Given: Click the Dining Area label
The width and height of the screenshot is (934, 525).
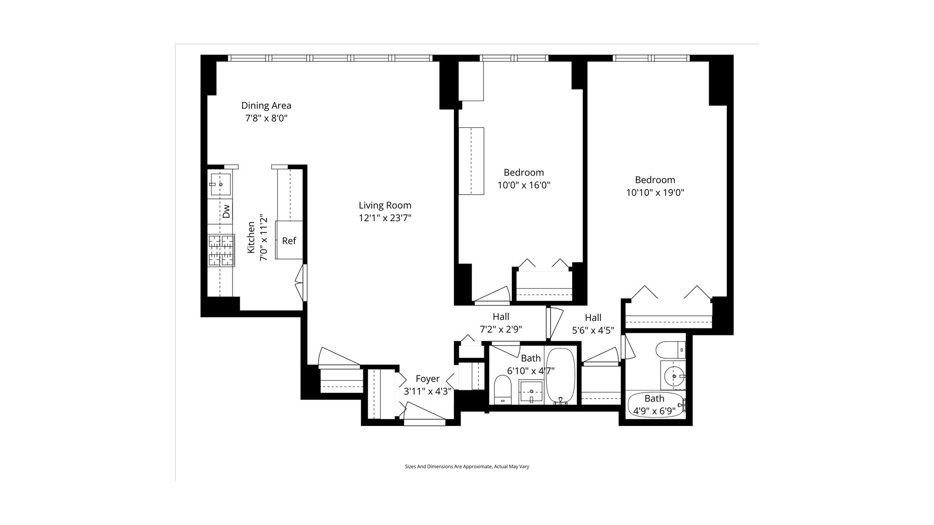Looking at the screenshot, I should (x=266, y=105).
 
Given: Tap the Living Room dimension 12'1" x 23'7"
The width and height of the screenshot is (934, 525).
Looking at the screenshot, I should (x=385, y=218).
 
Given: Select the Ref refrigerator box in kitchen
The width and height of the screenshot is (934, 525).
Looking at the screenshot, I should (x=289, y=240).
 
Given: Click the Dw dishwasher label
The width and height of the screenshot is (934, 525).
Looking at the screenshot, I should (x=226, y=211).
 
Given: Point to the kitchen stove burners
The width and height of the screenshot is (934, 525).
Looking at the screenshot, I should (x=221, y=250).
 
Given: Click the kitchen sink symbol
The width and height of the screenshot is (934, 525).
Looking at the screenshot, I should (x=220, y=184).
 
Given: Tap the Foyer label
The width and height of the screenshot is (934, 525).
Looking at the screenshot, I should (x=428, y=379).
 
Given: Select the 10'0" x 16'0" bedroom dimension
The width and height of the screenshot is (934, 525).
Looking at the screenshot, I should (x=523, y=185).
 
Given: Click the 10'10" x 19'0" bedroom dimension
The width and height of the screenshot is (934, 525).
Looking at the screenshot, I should (x=655, y=192).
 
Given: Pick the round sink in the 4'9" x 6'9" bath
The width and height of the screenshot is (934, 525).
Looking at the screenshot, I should (x=674, y=376).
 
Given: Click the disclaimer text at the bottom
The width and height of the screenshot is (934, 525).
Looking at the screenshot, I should (x=467, y=467).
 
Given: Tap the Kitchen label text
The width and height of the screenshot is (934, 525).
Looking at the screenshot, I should (x=251, y=238).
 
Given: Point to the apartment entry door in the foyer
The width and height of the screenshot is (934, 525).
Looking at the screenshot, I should (x=425, y=421).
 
